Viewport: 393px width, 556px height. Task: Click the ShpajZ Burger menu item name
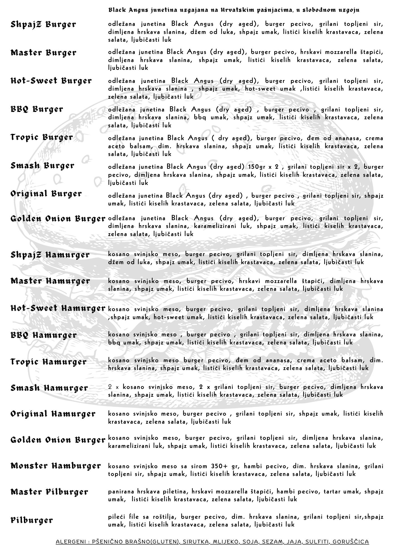click(x=43, y=25)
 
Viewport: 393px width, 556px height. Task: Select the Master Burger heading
click(x=43, y=53)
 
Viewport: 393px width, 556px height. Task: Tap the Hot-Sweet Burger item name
click(x=51, y=81)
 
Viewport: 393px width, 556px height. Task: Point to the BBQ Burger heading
click(x=37, y=109)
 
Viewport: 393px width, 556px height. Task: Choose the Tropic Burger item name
click(x=42, y=138)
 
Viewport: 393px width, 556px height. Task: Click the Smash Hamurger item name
click(x=49, y=388)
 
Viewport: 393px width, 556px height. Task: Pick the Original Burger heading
click(x=46, y=194)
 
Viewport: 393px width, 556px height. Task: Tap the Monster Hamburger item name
click(x=56, y=466)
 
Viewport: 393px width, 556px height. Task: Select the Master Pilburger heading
click(x=49, y=492)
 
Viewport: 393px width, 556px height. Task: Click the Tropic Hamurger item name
click(x=49, y=362)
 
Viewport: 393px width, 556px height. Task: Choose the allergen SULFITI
click(x=316, y=542)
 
